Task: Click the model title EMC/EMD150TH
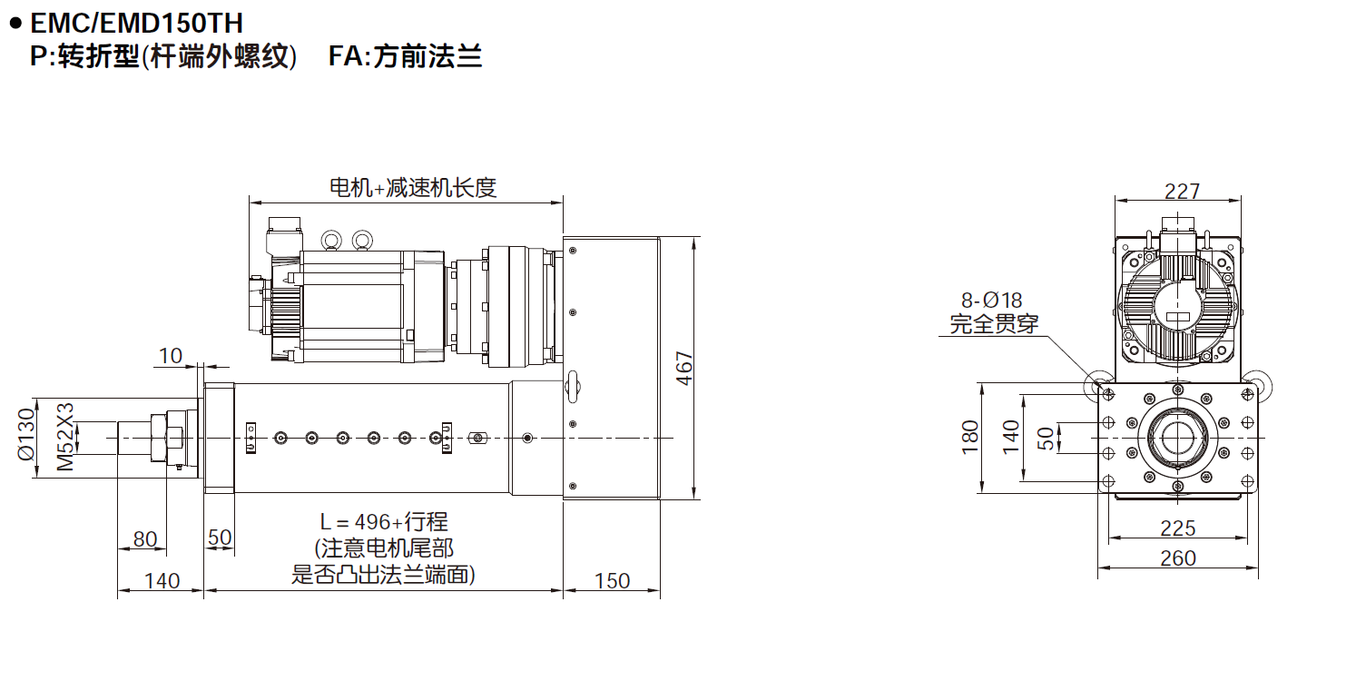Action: tap(136, 24)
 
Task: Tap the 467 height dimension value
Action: tap(685, 369)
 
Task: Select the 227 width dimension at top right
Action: tap(1182, 191)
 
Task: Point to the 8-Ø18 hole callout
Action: tap(991, 300)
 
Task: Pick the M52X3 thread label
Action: tap(65, 437)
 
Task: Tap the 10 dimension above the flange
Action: tap(170, 356)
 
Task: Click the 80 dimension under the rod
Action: tap(145, 539)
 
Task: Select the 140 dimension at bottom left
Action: tap(162, 580)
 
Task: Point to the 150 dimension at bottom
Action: tap(612, 580)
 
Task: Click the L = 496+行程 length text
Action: tap(384, 522)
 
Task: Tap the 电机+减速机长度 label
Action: tap(413, 187)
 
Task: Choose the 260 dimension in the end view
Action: tap(1177, 558)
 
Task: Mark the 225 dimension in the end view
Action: tap(1177, 528)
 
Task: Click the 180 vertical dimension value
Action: tap(969, 437)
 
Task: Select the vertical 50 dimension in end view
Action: tap(1046, 439)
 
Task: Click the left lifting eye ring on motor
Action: tap(332, 241)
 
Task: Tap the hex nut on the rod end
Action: tap(173, 438)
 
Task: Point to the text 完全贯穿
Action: tap(994, 323)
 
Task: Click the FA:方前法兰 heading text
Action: tap(406, 56)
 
